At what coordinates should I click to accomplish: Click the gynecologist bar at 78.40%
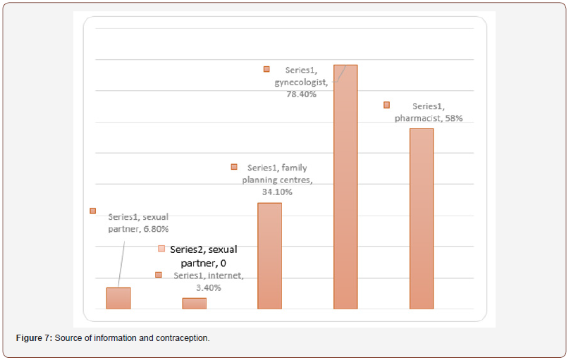pos(345,187)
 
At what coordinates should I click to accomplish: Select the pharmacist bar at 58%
pos(421,218)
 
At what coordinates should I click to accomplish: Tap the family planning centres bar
pos(270,256)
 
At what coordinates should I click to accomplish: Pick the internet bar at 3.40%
pos(195,304)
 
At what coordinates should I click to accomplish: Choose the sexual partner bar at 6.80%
pos(118,298)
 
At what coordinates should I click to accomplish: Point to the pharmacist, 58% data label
pos(429,112)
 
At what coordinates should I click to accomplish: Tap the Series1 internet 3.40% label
pos(208,281)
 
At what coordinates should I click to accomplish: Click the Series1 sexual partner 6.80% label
pos(139,223)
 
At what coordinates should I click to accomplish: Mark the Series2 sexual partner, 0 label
pos(203,256)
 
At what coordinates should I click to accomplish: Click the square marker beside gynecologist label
pos(266,69)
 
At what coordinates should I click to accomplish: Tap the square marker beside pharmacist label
pos(386,105)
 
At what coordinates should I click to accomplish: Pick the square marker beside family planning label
pos(234,167)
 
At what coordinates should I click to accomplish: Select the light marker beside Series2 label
pos(161,249)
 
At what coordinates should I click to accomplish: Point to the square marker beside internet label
pos(159,275)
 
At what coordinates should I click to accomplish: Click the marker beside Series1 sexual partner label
pos(92,211)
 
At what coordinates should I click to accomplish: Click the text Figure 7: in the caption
pos(34,339)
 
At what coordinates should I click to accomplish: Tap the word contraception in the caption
pos(183,339)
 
